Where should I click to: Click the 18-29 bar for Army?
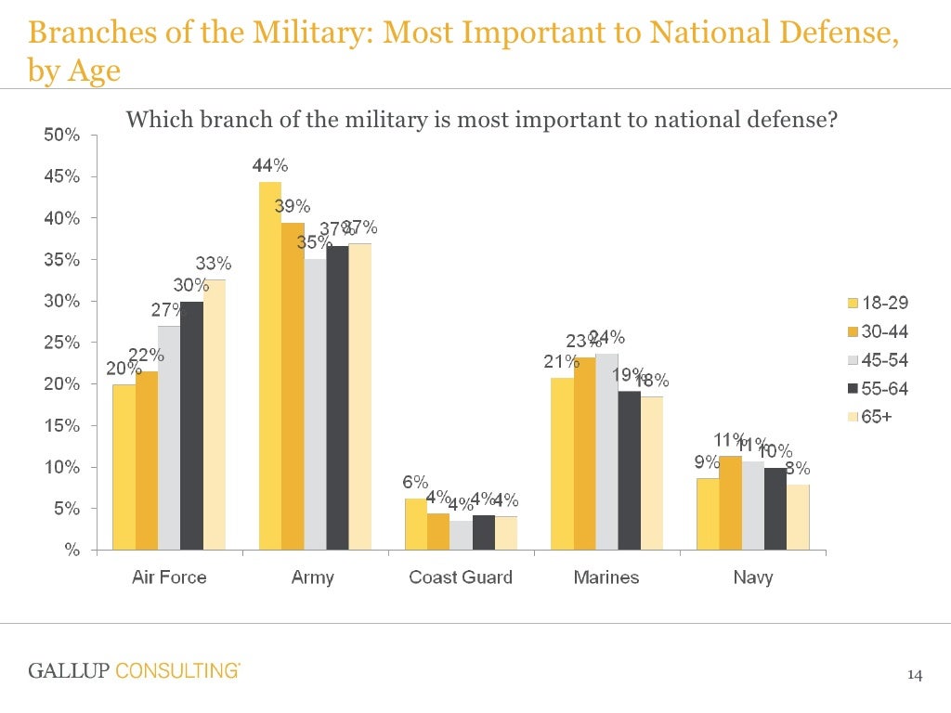[269, 366]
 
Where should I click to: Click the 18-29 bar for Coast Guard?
[415, 525]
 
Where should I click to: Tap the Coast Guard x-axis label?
[461, 577]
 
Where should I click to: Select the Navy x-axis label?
[752, 577]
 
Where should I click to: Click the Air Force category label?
[169, 577]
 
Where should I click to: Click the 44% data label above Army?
[270, 166]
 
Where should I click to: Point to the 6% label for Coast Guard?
[415, 482]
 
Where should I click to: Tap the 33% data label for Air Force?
[213, 264]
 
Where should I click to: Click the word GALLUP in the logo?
[69, 670]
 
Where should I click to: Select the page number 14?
[915, 675]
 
